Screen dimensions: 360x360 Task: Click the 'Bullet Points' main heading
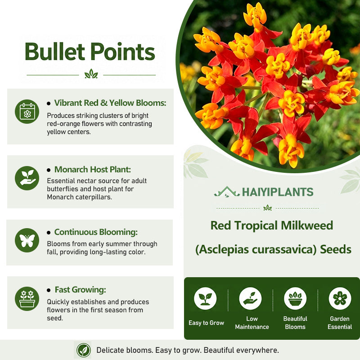tap(90, 51)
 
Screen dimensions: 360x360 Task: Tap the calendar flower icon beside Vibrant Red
tap(27, 112)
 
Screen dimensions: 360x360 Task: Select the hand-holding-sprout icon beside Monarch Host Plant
tap(27, 178)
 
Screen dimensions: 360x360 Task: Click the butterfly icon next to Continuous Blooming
tap(27, 240)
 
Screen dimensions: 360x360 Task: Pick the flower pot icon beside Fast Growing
tap(27, 299)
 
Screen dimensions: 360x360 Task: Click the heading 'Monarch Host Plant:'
tap(93, 170)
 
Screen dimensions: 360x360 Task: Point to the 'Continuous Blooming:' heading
tap(96, 232)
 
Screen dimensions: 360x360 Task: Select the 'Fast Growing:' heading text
tap(81, 290)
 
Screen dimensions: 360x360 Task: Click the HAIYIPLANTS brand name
tap(278, 192)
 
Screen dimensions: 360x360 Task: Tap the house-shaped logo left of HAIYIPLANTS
tap(227, 192)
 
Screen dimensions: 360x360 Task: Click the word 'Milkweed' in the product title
tap(307, 225)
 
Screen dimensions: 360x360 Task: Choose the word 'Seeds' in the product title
tap(336, 249)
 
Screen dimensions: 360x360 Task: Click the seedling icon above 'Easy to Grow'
tap(205, 298)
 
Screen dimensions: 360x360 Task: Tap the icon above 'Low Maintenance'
tap(250, 298)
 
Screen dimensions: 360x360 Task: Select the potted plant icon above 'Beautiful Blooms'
tap(295, 298)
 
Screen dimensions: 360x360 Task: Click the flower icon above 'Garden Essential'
tap(340, 298)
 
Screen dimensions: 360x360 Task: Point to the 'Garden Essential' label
tap(340, 323)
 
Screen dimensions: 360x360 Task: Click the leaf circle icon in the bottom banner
tap(83, 350)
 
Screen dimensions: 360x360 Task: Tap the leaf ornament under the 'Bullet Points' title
tap(91, 74)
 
